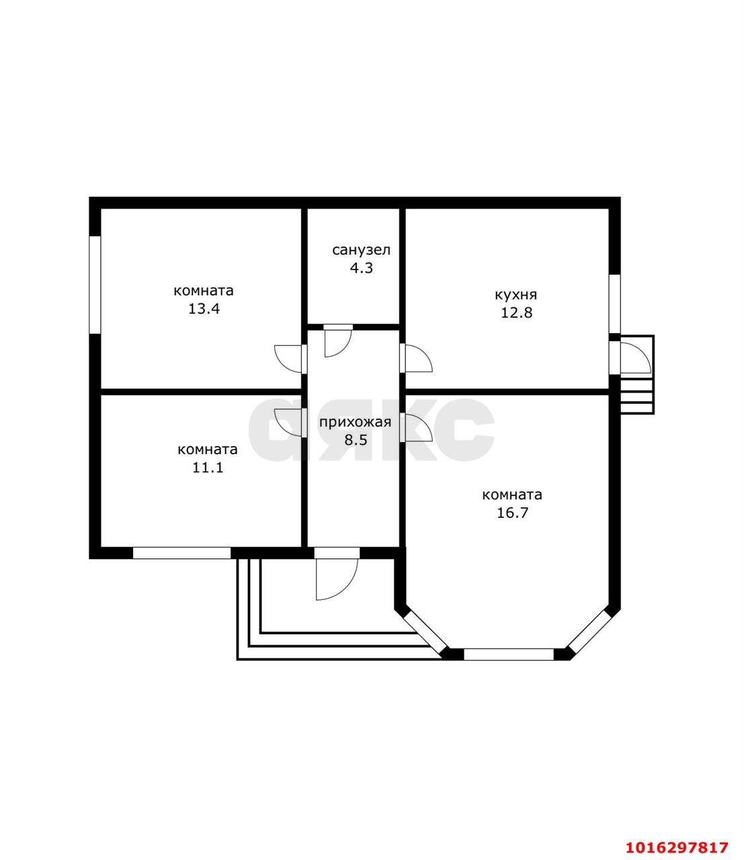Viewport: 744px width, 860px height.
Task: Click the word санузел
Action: point(361,250)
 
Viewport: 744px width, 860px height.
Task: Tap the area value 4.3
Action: point(361,268)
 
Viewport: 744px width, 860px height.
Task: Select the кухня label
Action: point(515,295)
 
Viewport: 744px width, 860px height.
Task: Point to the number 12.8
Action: point(516,312)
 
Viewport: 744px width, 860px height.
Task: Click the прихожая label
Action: point(356,422)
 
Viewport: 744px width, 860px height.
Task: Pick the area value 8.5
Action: point(356,439)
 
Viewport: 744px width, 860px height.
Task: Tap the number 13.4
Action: point(204,308)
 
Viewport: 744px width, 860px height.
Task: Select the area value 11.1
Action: point(208,468)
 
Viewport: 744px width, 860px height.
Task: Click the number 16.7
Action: point(512,513)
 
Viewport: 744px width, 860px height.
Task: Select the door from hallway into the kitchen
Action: point(416,358)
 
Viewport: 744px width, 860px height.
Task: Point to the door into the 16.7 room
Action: point(416,427)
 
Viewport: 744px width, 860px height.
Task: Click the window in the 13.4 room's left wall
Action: point(95,285)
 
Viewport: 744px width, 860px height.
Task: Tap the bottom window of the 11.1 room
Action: point(181,553)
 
